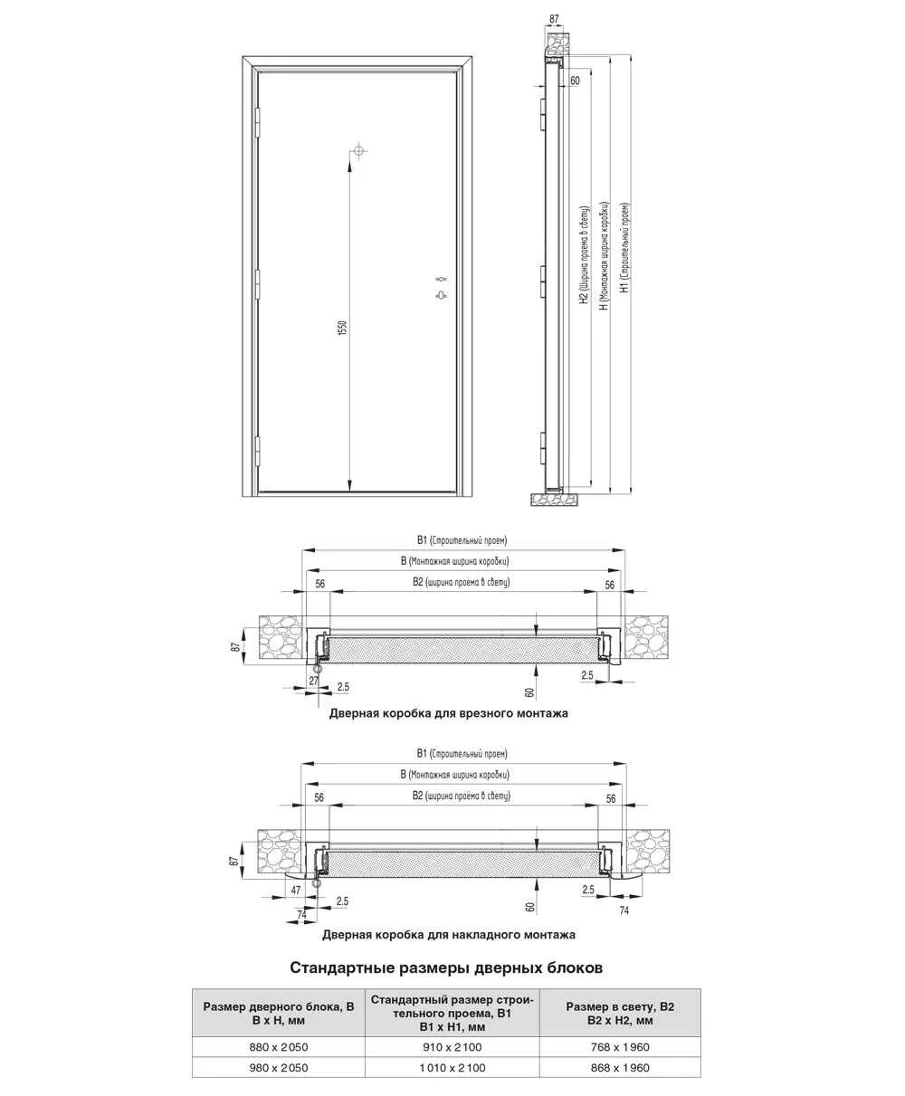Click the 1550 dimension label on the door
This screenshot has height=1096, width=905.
(x=342, y=328)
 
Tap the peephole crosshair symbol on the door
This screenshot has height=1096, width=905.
(x=359, y=149)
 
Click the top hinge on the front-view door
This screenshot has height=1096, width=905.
(x=257, y=118)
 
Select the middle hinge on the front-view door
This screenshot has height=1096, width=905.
(x=257, y=283)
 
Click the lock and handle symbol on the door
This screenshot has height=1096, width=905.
(x=442, y=287)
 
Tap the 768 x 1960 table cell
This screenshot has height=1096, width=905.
(x=619, y=1047)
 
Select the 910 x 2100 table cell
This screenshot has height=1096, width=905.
(x=452, y=1047)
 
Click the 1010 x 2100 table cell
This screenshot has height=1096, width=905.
(x=452, y=1068)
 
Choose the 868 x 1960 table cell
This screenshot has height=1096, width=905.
(x=619, y=1068)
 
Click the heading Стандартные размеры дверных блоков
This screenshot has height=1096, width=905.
(x=445, y=967)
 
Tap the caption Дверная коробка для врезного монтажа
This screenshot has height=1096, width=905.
(x=448, y=713)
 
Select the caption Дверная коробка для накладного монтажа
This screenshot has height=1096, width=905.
(x=448, y=934)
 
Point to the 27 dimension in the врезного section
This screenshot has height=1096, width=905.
(x=314, y=680)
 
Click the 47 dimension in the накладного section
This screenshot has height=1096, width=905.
(x=295, y=891)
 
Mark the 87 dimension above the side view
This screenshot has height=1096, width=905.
(x=554, y=18)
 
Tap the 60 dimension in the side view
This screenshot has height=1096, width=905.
(x=575, y=81)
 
